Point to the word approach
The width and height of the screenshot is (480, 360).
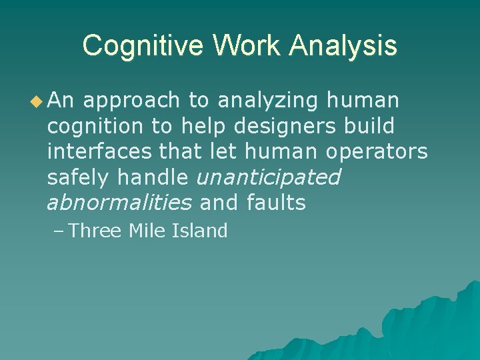pyautogui.click(x=131, y=101)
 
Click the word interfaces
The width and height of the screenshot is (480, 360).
pyautogui.click(x=100, y=151)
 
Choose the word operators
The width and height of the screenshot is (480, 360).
pyautogui.click(x=377, y=151)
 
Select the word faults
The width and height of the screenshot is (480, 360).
pyautogui.click(x=276, y=203)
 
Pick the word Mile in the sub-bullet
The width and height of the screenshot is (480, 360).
pyautogui.click(x=147, y=231)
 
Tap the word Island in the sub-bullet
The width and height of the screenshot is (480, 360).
pyautogui.click(x=200, y=231)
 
